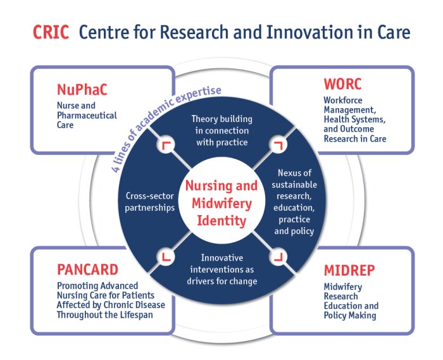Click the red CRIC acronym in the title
pyautogui.click(x=51, y=32)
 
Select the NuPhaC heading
pyautogui.click(x=82, y=89)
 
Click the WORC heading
pyautogui.click(x=342, y=84)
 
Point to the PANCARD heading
pyautogui.click(x=87, y=270)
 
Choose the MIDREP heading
pyautogui.click(x=349, y=270)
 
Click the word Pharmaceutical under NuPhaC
pyautogui.click(x=87, y=115)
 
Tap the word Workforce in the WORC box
pyautogui.click(x=343, y=100)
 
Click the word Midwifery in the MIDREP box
pyautogui.click(x=343, y=287)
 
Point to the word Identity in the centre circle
pyautogui.click(x=221, y=221)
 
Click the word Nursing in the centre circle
pyautogui.click(x=206, y=186)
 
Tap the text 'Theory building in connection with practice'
pyautogui.click(x=221, y=130)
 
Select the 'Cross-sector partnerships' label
pyautogui.click(x=150, y=202)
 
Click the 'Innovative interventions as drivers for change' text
pyautogui.click(x=221, y=270)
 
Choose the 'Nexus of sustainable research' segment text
pyautogui.click(x=294, y=202)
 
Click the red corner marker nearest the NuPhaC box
pyautogui.click(x=166, y=146)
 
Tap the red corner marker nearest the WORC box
pyautogui.click(x=278, y=145)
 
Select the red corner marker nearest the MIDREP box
pyautogui.click(x=278, y=256)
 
